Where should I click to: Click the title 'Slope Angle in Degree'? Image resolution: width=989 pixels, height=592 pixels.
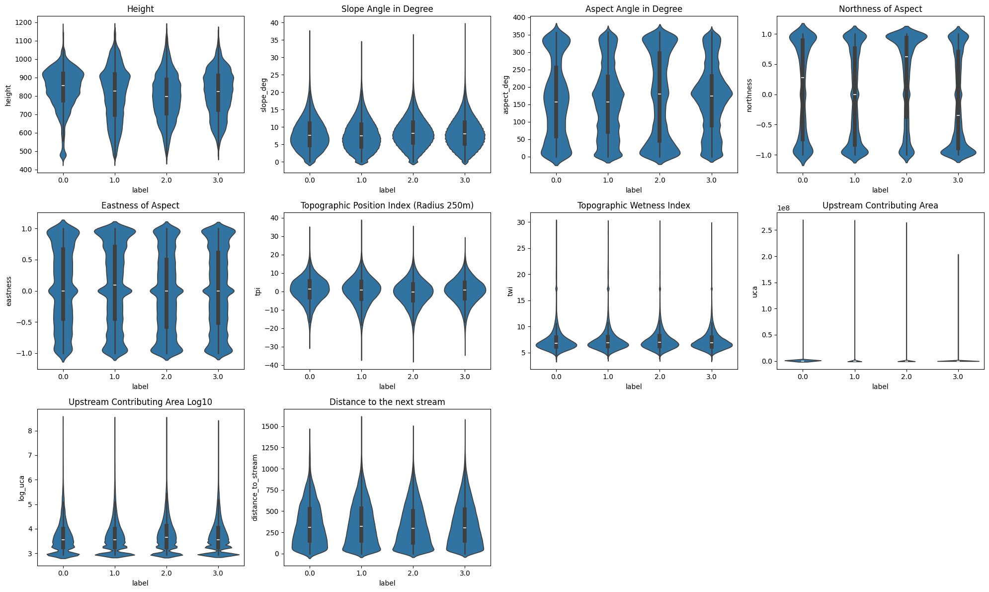pyautogui.click(x=387, y=9)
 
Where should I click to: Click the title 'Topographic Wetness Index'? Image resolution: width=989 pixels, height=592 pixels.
pyautogui.click(x=634, y=205)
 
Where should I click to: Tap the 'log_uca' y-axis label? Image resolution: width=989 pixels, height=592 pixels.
pyautogui.click(x=21, y=488)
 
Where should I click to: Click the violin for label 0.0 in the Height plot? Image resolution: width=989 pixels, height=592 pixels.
pyautogui.click(x=63, y=95)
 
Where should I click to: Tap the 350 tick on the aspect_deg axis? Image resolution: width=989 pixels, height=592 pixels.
pyautogui.click(x=518, y=35)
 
